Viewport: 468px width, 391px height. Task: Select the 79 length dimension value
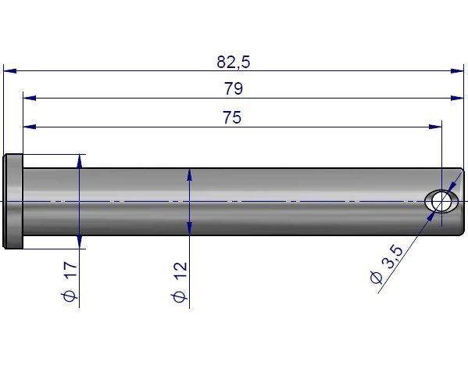[233, 89]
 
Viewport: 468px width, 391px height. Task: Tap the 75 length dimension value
[231, 118]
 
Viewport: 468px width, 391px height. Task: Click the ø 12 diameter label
[180, 283]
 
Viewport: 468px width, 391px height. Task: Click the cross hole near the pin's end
[441, 202]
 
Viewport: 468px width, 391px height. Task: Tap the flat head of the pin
[13, 201]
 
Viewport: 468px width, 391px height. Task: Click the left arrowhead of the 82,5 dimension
[9, 71]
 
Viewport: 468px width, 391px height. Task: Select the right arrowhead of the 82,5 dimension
[458, 71]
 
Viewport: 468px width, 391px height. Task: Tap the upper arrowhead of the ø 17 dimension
[80, 160]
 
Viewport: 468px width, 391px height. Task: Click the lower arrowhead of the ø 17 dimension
[80, 242]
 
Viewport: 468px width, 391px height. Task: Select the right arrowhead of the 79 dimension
[458, 99]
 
